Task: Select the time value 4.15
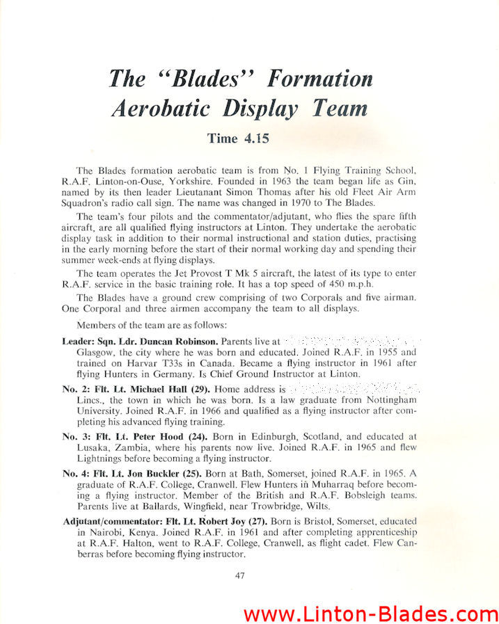255,138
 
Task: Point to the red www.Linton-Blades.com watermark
370,613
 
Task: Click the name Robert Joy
217,521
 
